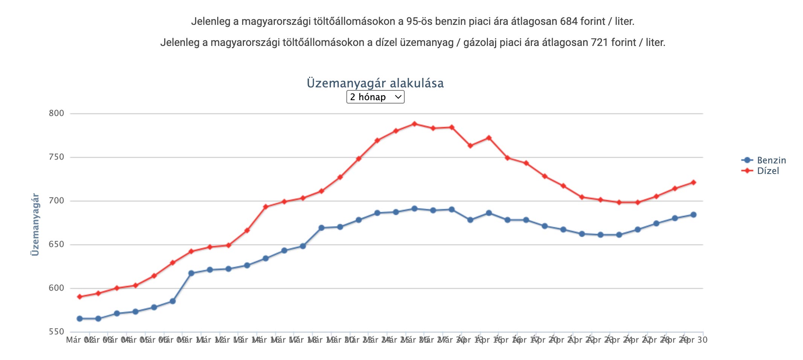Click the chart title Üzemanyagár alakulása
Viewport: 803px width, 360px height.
pyautogui.click(x=375, y=83)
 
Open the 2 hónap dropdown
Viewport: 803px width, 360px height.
pyautogui.click(x=375, y=97)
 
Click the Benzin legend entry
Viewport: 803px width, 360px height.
pyautogui.click(x=771, y=160)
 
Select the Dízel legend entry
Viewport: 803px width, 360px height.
pyautogui.click(x=768, y=171)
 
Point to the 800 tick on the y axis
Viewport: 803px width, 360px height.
pyautogui.click(x=56, y=113)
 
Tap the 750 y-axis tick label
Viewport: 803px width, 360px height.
pyautogui.click(x=56, y=157)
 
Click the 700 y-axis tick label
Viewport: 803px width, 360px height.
pyautogui.click(x=56, y=201)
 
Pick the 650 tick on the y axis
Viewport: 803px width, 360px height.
pyautogui.click(x=56, y=244)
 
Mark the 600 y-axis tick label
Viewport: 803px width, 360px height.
pyautogui.click(x=56, y=288)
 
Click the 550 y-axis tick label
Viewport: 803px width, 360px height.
pyautogui.click(x=56, y=332)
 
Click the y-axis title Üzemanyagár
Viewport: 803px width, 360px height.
pyautogui.click(x=35, y=224)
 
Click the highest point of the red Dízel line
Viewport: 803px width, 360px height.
pyautogui.click(x=414, y=124)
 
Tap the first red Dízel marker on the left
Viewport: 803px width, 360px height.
pyautogui.click(x=80, y=297)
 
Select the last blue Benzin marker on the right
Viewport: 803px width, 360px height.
pyautogui.click(x=693, y=215)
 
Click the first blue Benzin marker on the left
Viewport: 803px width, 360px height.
pyautogui.click(x=80, y=319)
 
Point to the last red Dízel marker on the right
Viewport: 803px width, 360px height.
pyautogui.click(x=693, y=183)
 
